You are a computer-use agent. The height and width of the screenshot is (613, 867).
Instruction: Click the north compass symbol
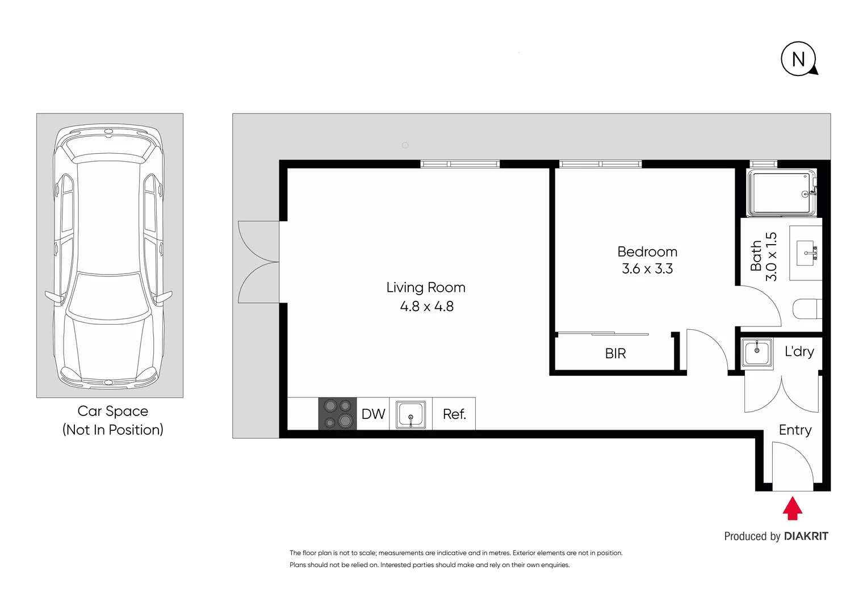[x=798, y=58]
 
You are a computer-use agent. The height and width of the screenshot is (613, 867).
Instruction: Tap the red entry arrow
[x=792, y=509]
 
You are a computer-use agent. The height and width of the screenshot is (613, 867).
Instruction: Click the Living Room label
[x=426, y=288]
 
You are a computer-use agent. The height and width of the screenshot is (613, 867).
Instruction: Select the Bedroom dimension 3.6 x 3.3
[x=647, y=268]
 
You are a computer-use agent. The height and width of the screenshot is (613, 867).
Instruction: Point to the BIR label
[x=615, y=354]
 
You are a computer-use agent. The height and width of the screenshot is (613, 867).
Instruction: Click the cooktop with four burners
[x=337, y=413]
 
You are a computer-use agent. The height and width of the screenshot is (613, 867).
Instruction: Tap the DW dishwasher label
[x=373, y=414]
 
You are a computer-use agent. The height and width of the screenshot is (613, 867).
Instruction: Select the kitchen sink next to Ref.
[x=411, y=414]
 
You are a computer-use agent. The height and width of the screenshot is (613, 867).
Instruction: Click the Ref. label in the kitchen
[x=454, y=414]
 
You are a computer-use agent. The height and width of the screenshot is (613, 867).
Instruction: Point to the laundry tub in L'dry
[x=757, y=352]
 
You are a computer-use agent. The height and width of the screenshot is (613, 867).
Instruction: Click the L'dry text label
[x=799, y=352]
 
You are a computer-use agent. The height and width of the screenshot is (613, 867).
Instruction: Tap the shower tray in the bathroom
[x=781, y=194]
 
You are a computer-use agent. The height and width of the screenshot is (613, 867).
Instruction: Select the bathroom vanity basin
[x=806, y=253]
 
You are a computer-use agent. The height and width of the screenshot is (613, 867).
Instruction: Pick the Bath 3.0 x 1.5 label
[x=763, y=257]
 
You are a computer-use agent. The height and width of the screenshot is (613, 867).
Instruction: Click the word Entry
[x=795, y=430]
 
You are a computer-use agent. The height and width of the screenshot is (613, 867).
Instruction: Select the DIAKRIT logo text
[x=806, y=536]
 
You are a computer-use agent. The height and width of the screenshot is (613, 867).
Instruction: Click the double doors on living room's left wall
[x=258, y=262]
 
